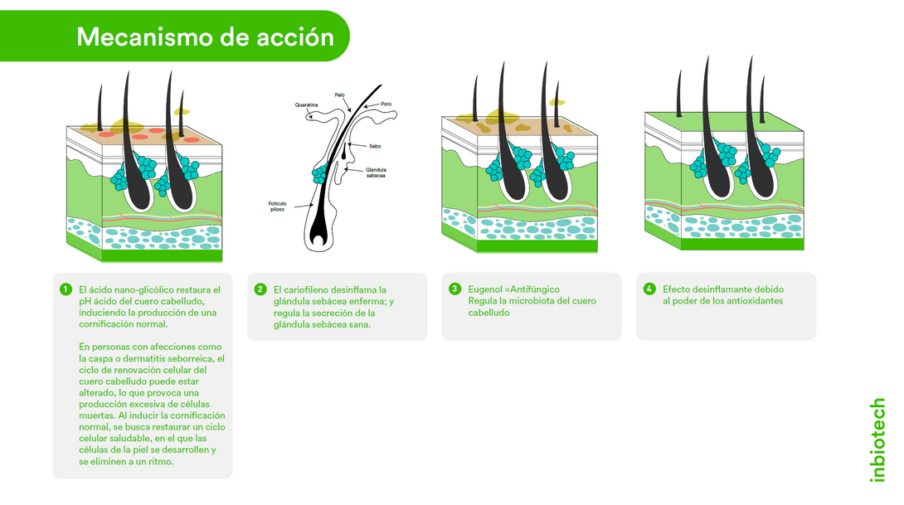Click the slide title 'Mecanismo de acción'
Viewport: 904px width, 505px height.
(205, 36)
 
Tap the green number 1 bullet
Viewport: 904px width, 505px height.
(66, 289)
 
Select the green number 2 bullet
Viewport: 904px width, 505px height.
(260, 289)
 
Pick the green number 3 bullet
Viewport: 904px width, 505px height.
(454, 289)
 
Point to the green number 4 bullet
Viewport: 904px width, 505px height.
(649, 289)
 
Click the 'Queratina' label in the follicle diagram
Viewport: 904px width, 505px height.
(306, 105)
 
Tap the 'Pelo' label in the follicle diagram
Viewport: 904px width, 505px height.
(340, 95)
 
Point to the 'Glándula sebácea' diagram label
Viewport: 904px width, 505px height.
(376, 172)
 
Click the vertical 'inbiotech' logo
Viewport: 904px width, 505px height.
(877, 439)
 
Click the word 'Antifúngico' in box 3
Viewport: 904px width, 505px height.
(536, 289)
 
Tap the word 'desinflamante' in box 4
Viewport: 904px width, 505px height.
(722, 289)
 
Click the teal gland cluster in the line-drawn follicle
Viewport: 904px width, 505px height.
(320, 175)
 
